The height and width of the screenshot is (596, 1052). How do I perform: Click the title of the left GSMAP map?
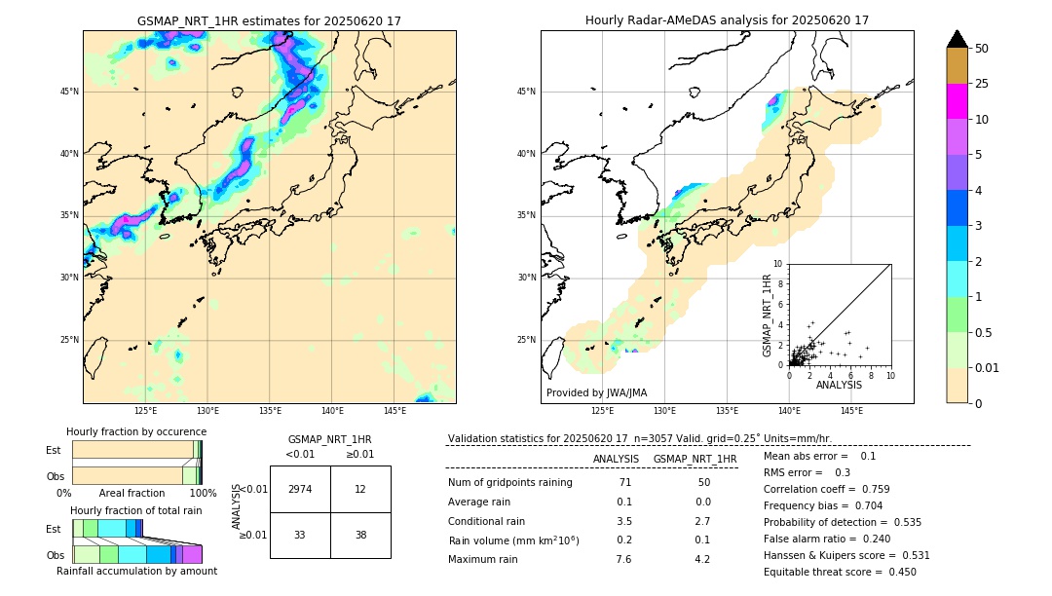[x=269, y=20]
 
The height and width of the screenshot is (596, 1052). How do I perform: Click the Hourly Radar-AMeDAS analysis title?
[x=727, y=20]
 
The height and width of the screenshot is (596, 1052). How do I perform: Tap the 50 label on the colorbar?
[x=982, y=49]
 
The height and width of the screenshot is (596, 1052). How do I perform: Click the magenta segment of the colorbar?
[x=957, y=101]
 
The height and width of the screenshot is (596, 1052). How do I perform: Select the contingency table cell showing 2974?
[x=300, y=489]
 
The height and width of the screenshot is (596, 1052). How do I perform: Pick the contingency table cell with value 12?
[x=360, y=489]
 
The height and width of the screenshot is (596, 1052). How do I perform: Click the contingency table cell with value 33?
[x=300, y=535]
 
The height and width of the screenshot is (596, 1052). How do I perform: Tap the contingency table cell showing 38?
[x=360, y=535]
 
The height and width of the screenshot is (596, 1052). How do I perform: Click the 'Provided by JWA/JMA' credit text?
[x=596, y=393]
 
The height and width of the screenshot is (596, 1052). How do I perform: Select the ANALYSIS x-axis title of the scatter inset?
[x=839, y=385]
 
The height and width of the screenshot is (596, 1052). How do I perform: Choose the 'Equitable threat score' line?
[x=840, y=573]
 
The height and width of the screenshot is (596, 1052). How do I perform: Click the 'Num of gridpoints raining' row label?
[x=509, y=483]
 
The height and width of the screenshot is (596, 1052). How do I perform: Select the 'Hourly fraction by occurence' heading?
[x=136, y=432]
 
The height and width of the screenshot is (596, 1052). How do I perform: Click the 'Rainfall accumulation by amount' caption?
[x=136, y=572]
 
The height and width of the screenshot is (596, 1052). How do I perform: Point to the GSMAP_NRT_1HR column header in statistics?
[x=695, y=459]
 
